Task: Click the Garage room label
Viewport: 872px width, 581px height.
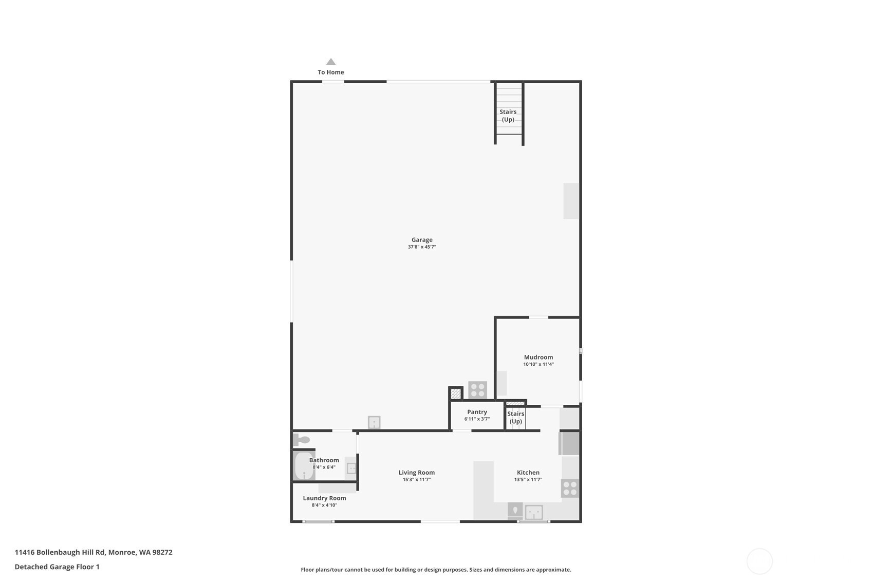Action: [x=422, y=240]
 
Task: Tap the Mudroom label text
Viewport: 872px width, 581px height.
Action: [x=539, y=357]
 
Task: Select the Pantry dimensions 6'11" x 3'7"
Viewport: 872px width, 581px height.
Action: [x=477, y=419]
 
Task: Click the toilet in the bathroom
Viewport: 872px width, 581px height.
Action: [x=302, y=440]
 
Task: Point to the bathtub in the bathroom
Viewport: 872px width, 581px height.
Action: [x=304, y=466]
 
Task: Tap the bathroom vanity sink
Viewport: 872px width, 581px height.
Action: [x=351, y=468]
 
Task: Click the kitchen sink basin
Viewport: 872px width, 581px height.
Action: [x=534, y=512]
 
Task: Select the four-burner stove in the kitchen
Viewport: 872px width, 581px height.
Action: [x=570, y=489]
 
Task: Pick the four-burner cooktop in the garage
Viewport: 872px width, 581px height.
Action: [x=478, y=390]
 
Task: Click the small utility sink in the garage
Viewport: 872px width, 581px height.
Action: [x=374, y=422]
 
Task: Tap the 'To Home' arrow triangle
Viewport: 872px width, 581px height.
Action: [x=331, y=62]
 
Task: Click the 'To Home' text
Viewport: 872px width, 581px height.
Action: [x=331, y=72]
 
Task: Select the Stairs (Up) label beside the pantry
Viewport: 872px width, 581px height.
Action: [x=516, y=418]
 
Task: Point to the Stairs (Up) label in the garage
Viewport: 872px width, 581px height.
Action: [x=508, y=116]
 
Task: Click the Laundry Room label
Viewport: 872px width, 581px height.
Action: [x=324, y=498]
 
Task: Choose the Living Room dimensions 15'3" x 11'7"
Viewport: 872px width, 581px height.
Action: [x=417, y=479]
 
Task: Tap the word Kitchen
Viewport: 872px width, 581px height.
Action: [x=528, y=473]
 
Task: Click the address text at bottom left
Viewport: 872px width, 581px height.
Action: [x=94, y=552]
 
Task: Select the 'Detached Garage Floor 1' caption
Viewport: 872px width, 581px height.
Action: [x=57, y=567]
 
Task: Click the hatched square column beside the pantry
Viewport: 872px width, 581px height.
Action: [x=456, y=394]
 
